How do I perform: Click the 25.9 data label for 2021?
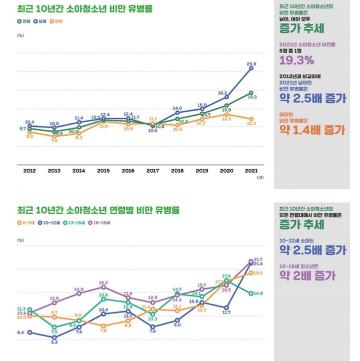[251, 64]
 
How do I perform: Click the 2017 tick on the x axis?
[153, 170]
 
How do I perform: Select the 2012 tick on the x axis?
[30, 170]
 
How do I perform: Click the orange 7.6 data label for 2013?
[54, 141]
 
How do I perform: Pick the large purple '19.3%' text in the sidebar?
[296, 61]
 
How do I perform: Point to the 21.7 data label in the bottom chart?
[258, 259]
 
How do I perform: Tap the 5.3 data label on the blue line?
[54, 342]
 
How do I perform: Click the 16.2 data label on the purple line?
[103, 283]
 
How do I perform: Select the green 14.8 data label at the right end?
[258, 294]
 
